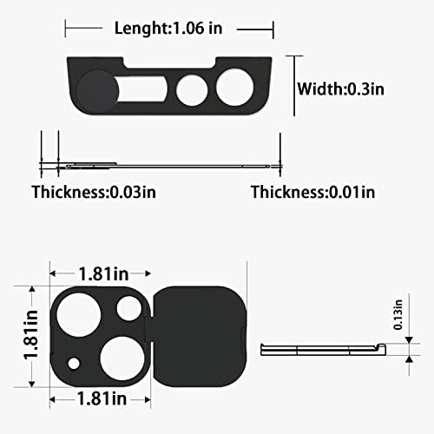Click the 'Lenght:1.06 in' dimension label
(168, 29)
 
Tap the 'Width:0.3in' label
(341, 89)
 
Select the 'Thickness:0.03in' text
(94, 192)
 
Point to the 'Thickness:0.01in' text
(313, 192)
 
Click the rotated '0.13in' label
(398, 315)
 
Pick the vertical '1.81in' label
(30, 335)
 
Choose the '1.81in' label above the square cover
(103, 273)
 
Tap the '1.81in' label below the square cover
(102, 399)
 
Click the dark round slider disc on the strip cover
(97, 91)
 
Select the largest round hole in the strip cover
(234, 88)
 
